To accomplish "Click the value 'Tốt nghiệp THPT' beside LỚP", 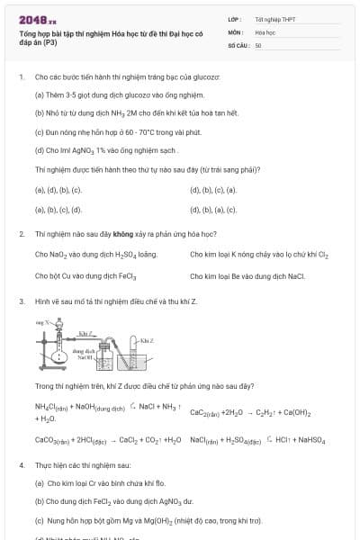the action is (274, 19).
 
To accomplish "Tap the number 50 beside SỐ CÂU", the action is (258, 44).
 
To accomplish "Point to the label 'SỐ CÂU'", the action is (238, 44).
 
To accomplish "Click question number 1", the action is (21, 78).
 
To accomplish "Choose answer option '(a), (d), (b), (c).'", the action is (58, 191).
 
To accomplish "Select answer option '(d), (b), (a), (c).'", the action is (213, 210).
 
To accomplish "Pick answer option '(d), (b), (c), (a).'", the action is (213, 191).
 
